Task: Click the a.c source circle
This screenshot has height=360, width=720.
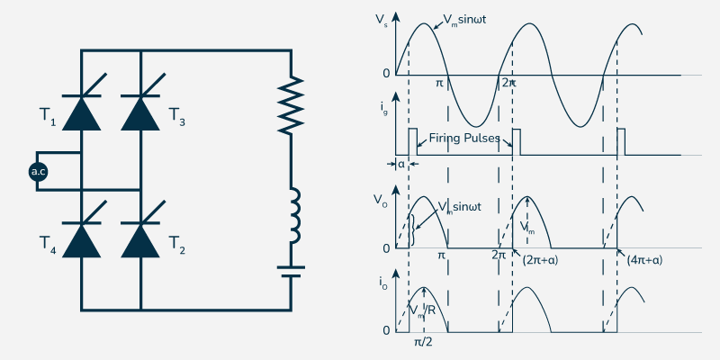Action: click(x=38, y=171)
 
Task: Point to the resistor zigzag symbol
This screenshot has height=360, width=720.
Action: click(x=290, y=106)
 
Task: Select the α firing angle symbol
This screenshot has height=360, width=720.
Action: click(x=401, y=165)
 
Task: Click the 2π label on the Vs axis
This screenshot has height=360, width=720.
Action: click(x=508, y=83)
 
